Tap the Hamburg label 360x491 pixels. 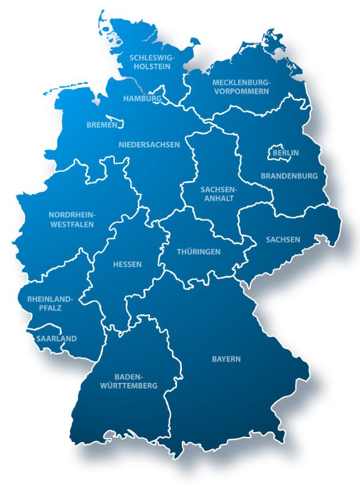tap(142, 98)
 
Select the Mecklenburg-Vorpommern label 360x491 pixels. tap(241, 87)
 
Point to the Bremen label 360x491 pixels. tap(101, 125)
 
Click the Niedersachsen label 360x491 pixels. tap(149, 145)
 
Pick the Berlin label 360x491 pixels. tap(285, 152)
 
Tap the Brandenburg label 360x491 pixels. tap(289, 176)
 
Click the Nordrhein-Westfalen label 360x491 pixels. tap(71, 220)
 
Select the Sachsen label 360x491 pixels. tap(283, 239)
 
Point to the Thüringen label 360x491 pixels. tap(198, 252)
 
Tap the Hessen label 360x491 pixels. tap(127, 265)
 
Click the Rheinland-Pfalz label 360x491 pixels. tap(50, 303)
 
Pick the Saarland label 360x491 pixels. tap(56, 338)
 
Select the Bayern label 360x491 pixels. tap(226, 358)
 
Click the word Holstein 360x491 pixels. tap(151, 68)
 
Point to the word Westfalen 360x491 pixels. tap(71, 224)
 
